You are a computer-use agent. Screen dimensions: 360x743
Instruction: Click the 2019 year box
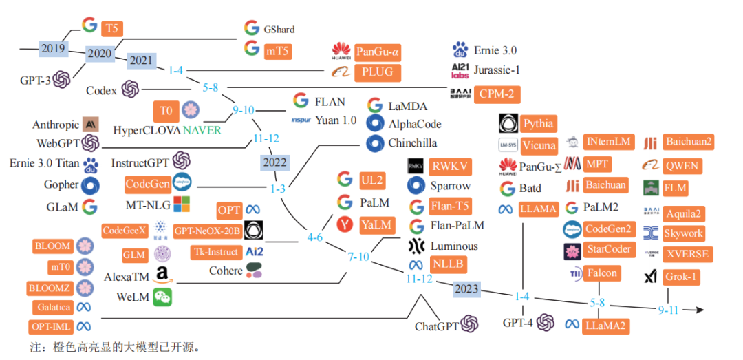53,49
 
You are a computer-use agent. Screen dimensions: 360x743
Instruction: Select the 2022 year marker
275,163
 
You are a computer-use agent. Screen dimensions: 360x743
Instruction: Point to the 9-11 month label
668,310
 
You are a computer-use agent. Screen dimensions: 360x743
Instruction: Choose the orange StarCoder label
607,249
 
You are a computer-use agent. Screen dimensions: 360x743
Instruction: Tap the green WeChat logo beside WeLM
162,297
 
